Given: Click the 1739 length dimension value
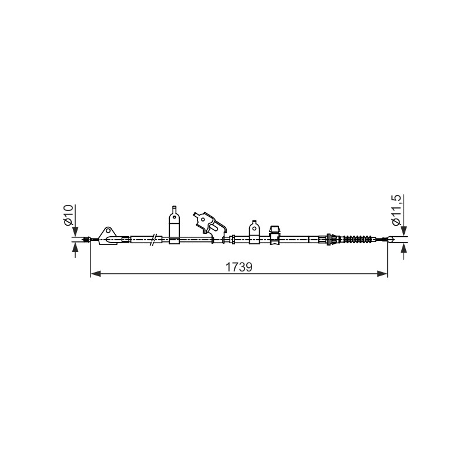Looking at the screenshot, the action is click(239, 267).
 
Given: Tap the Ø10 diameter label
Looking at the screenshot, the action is click(68, 215).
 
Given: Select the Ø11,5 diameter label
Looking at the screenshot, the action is click(395, 210).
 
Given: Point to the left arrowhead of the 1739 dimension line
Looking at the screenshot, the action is click(95, 273).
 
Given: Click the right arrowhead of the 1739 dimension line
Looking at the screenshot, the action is click(382, 273).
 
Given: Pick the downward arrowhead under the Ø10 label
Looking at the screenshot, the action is click(75, 231).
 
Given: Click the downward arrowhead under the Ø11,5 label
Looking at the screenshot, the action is click(404, 231).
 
